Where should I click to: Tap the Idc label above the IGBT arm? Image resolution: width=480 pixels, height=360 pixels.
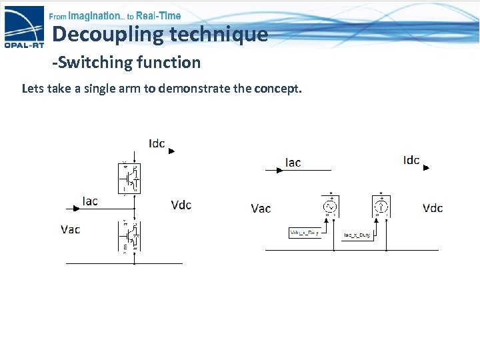[157, 144]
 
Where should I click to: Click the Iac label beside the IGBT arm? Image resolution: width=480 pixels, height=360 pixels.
[90, 201]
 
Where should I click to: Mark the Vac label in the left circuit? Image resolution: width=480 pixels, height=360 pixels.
[71, 229]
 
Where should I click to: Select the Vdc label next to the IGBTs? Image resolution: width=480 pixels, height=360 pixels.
[181, 205]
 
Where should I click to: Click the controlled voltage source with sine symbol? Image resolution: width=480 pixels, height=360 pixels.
[330, 207]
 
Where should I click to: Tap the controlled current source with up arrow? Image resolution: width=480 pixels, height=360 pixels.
[381, 207]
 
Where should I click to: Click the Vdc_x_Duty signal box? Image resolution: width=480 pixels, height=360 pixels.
[305, 233]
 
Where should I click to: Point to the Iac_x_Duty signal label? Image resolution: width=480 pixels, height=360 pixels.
[357, 235]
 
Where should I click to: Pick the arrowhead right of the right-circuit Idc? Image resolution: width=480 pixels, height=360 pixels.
[427, 168]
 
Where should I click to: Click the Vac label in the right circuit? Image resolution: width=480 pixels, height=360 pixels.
[261, 209]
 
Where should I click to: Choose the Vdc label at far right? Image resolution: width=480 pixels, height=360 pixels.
[433, 208]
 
